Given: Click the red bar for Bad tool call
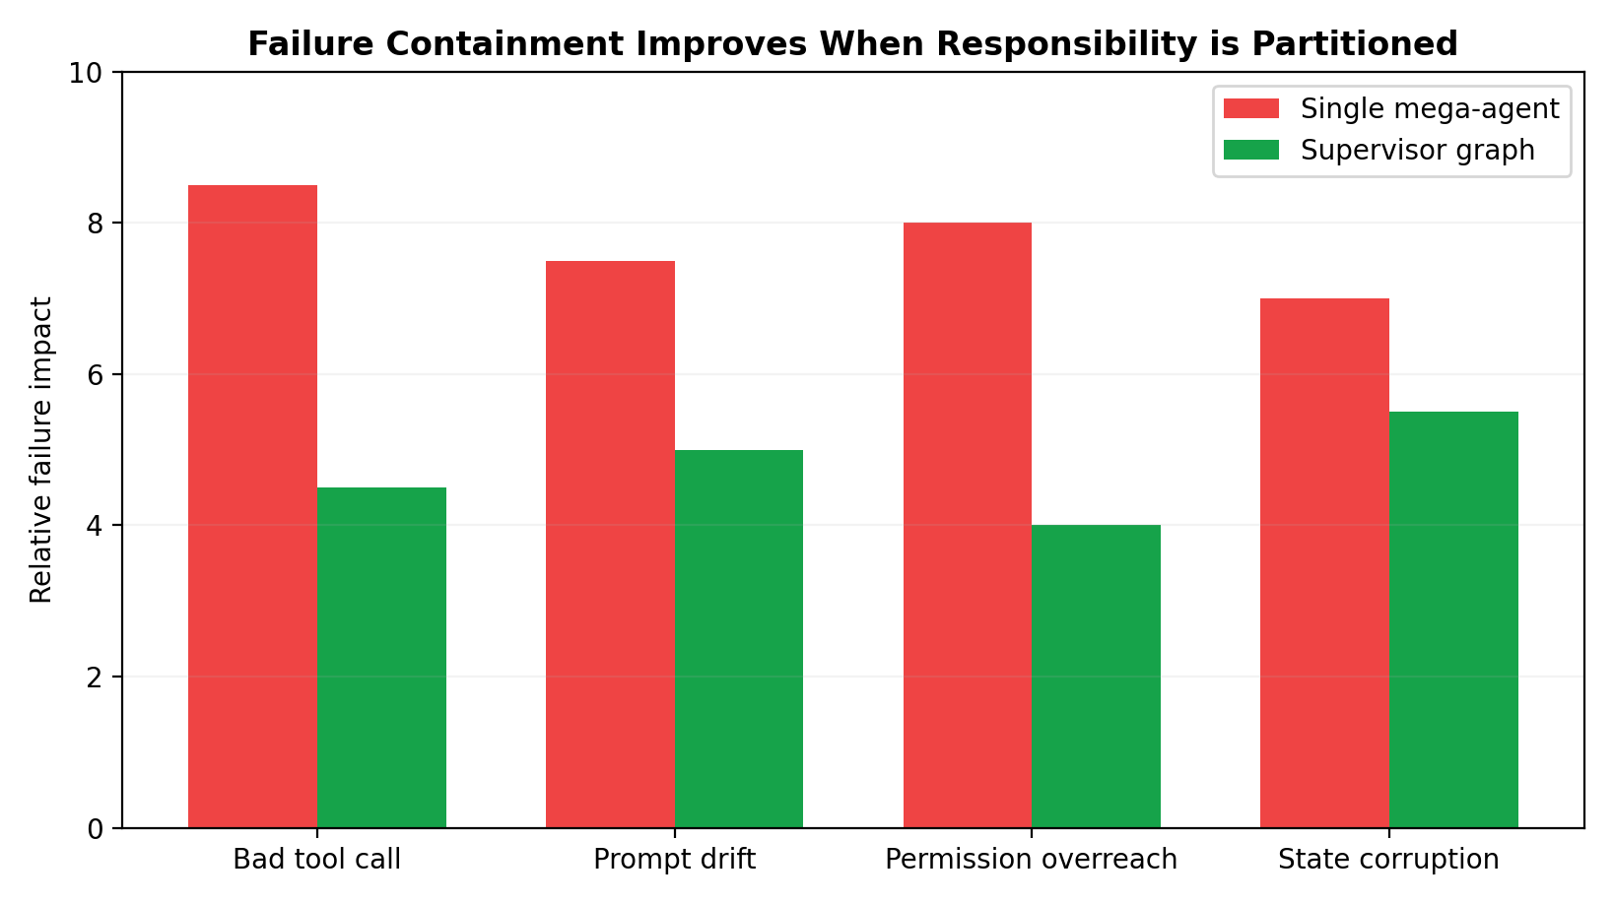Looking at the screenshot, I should click(252, 506).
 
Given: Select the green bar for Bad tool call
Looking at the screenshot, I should click(381, 657).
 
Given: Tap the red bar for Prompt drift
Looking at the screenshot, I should click(610, 544).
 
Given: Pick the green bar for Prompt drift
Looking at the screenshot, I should click(739, 638).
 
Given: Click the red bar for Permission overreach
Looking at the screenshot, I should click(968, 525).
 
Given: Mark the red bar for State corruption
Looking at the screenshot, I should click(1324, 562).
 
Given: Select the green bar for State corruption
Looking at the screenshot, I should click(1453, 619).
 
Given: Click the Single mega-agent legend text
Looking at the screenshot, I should click(1429, 109).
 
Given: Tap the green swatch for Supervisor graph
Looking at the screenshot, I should click(1250, 150).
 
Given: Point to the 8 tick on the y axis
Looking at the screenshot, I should click(95, 224).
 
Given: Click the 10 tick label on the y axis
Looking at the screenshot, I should click(89, 73).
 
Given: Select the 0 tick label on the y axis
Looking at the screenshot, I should click(95, 828).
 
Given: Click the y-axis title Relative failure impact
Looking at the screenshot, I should click(41, 450).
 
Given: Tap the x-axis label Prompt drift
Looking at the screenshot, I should click(674, 860).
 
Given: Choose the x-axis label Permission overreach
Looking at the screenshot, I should click(1031, 860).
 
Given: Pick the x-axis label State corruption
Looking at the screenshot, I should click(1388, 860).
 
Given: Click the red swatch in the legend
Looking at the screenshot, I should click(1250, 108).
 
